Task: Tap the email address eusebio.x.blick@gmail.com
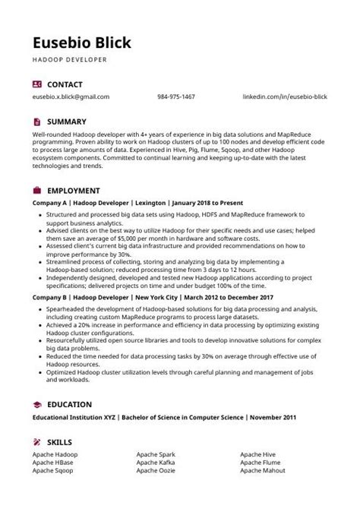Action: coord(71,97)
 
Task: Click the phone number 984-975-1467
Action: coord(176,97)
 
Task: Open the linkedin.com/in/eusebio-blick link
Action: coord(285,97)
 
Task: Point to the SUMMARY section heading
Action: coord(67,122)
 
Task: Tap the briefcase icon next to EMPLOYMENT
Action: coord(37,190)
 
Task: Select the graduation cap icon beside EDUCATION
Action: coord(37,404)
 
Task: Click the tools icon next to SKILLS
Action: coord(37,441)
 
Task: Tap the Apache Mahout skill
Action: coord(262,471)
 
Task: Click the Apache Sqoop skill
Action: coord(53,471)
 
